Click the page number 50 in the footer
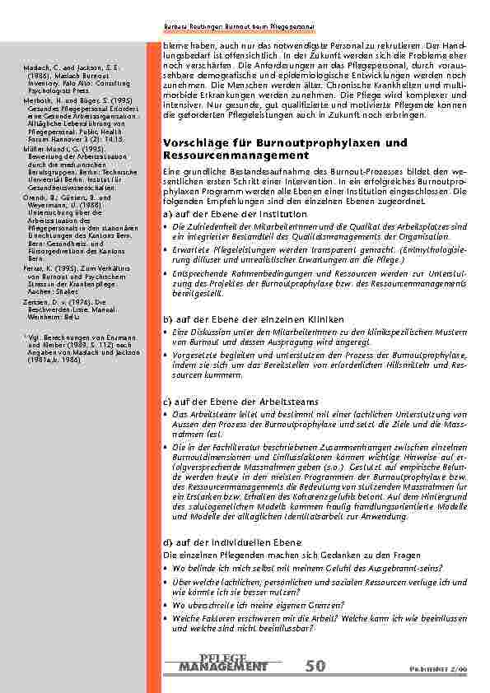point(315,666)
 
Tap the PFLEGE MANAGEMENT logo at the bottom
point(222,662)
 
